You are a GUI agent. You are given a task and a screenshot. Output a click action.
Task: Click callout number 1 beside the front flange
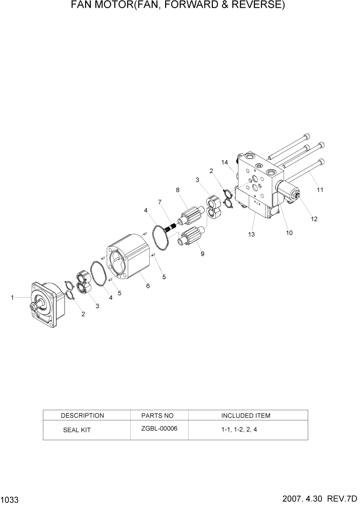pyautogui.click(x=13, y=297)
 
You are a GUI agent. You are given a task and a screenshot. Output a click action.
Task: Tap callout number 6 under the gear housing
pyautogui.click(x=148, y=286)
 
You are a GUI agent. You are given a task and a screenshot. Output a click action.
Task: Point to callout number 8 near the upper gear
pyautogui.click(x=178, y=190)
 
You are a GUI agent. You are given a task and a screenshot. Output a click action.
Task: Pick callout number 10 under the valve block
pyautogui.click(x=289, y=232)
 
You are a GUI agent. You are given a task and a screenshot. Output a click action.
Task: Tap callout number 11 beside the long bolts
pyautogui.click(x=320, y=190)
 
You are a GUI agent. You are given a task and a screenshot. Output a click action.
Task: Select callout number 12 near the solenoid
pyautogui.click(x=314, y=219)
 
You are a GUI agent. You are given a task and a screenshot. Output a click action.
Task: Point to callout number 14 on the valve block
pyautogui.click(x=224, y=162)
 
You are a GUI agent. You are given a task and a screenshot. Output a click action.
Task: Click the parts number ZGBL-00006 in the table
pyautogui.click(x=159, y=429)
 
